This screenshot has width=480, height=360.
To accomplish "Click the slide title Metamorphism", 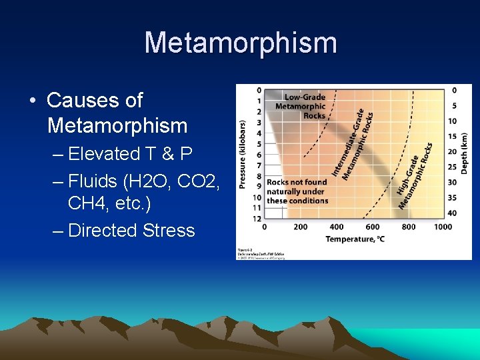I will click(240, 43).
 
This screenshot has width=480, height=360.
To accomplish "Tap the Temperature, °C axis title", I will click(355, 239).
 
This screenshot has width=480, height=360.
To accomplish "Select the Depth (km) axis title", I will click(465, 153).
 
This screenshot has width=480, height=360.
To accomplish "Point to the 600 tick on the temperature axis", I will click(373, 227).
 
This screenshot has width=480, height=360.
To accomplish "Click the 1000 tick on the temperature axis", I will click(442, 227).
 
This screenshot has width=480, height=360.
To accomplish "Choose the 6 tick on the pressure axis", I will click(259, 155).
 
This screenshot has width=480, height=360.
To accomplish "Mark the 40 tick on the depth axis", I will click(452, 213).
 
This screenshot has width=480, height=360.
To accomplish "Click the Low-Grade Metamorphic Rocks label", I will click(300, 106).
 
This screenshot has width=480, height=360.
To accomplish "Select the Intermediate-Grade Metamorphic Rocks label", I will click(353, 144).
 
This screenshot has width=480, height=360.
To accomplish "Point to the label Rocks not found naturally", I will click(297, 191).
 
